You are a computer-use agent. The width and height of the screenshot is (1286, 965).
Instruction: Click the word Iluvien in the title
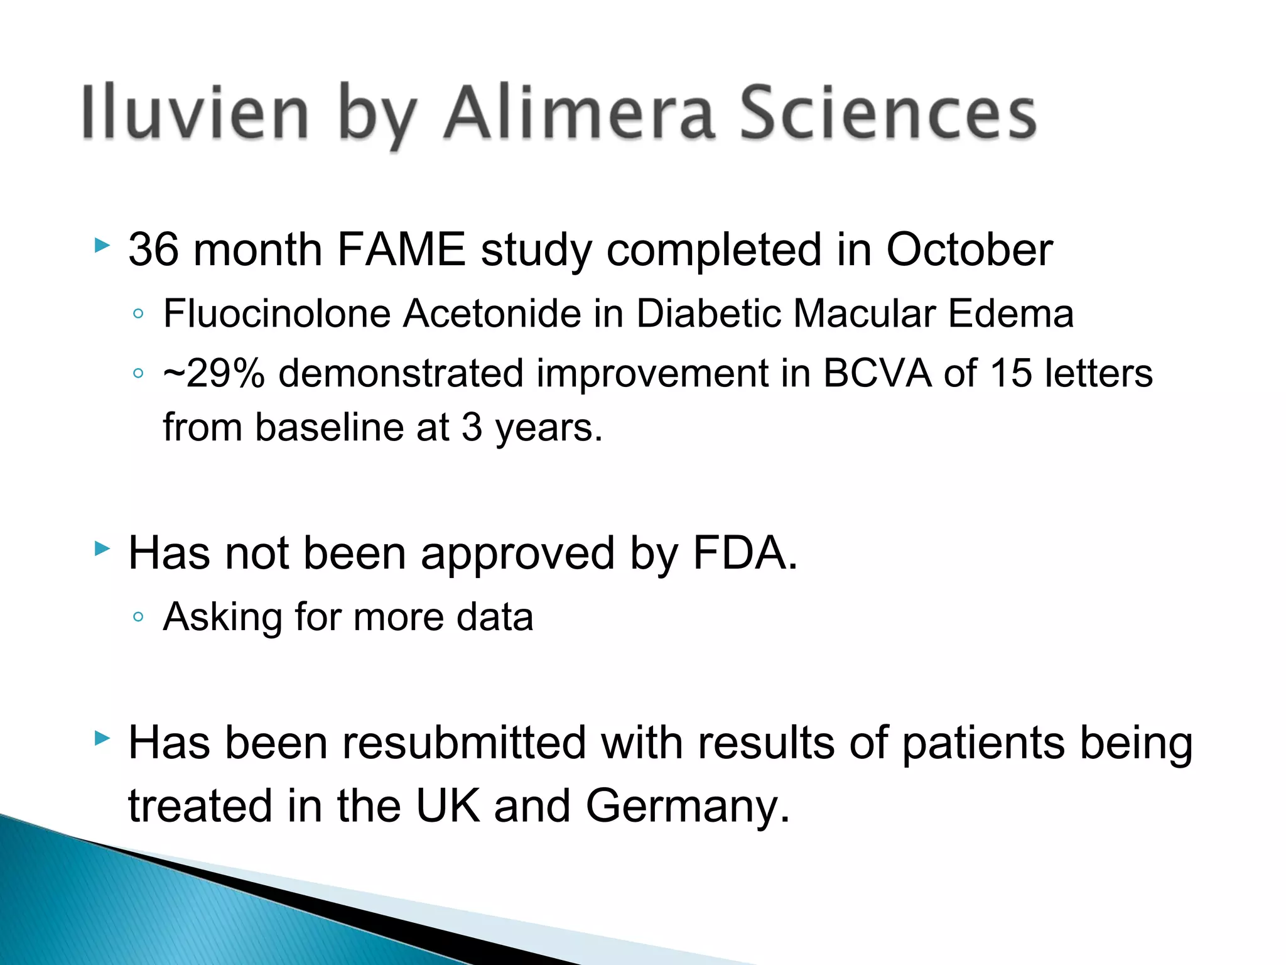coord(195,113)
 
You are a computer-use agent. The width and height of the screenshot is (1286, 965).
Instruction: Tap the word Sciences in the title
coord(887,113)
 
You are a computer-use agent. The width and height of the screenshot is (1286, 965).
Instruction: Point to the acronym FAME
coord(401,249)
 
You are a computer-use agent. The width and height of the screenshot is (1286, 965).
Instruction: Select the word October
coord(969,249)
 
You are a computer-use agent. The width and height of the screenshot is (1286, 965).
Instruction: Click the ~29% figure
coord(213,373)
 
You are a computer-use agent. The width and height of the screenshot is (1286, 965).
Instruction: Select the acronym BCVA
coord(877,373)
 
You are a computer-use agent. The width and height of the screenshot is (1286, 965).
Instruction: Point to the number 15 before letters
coord(1011,373)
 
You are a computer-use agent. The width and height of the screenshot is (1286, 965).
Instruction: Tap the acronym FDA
coord(745,553)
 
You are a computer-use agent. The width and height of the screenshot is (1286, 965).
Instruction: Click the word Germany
coord(687,806)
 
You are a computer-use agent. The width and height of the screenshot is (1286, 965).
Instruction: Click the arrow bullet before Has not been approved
coord(102,549)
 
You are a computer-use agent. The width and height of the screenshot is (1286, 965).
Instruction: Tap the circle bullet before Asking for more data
coord(139,617)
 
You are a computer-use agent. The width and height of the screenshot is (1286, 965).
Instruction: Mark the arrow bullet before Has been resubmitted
coord(102,738)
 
